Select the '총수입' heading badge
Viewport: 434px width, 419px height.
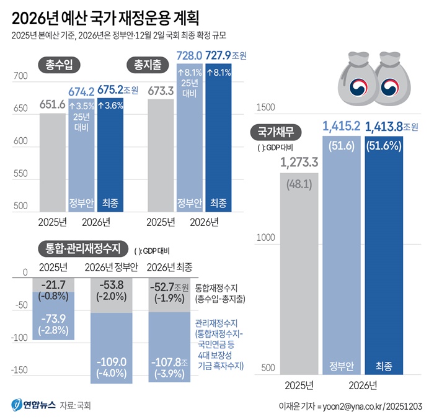(x=59, y=63)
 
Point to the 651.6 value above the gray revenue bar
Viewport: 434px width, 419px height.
(x=52, y=104)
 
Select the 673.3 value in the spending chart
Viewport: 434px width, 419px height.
(x=160, y=91)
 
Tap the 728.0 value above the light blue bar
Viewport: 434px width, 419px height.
(x=190, y=55)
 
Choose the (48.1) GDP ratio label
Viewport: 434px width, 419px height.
(x=298, y=184)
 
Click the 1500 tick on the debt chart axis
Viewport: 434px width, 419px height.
(x=265, y=107)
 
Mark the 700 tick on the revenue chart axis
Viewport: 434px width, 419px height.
(x=20, y=76)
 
